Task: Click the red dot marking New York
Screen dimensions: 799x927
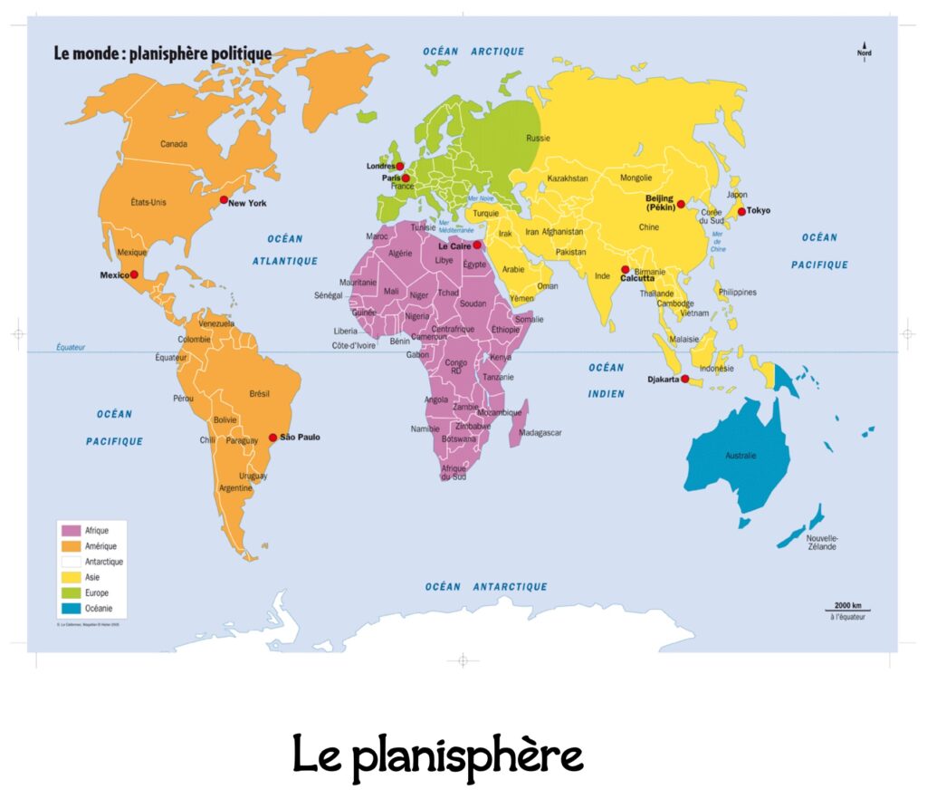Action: pyautogui.click(x=224, y=199)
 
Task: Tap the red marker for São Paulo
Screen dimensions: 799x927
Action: pyautogui.click(x=272, y=437)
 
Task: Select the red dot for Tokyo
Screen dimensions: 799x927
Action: pyautogui.click(x=741, y=211)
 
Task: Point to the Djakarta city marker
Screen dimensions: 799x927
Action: pyautogui.click(x=684, y=379)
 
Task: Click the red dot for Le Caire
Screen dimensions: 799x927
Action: pyautogui.click(x=477, y=245)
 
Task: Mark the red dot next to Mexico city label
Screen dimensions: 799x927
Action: pyautogui.click(x=134, y=274)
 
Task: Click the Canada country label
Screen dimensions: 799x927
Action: pyautogui.click(x=174, y=144)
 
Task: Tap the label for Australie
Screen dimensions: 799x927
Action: pyautogui.click(x=741, y=455)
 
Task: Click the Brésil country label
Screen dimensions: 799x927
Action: pyautogui.click(x=259, y=393)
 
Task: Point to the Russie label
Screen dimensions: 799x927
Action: pyautogui.click(x=539, y=139)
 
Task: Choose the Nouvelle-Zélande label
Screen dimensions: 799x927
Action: pyautogui.click(x=821, y=543)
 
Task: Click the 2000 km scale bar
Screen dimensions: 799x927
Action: pyautogui.click(x=846, y=611)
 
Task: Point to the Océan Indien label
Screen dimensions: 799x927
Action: pyautogui.click(x=606, y=380)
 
